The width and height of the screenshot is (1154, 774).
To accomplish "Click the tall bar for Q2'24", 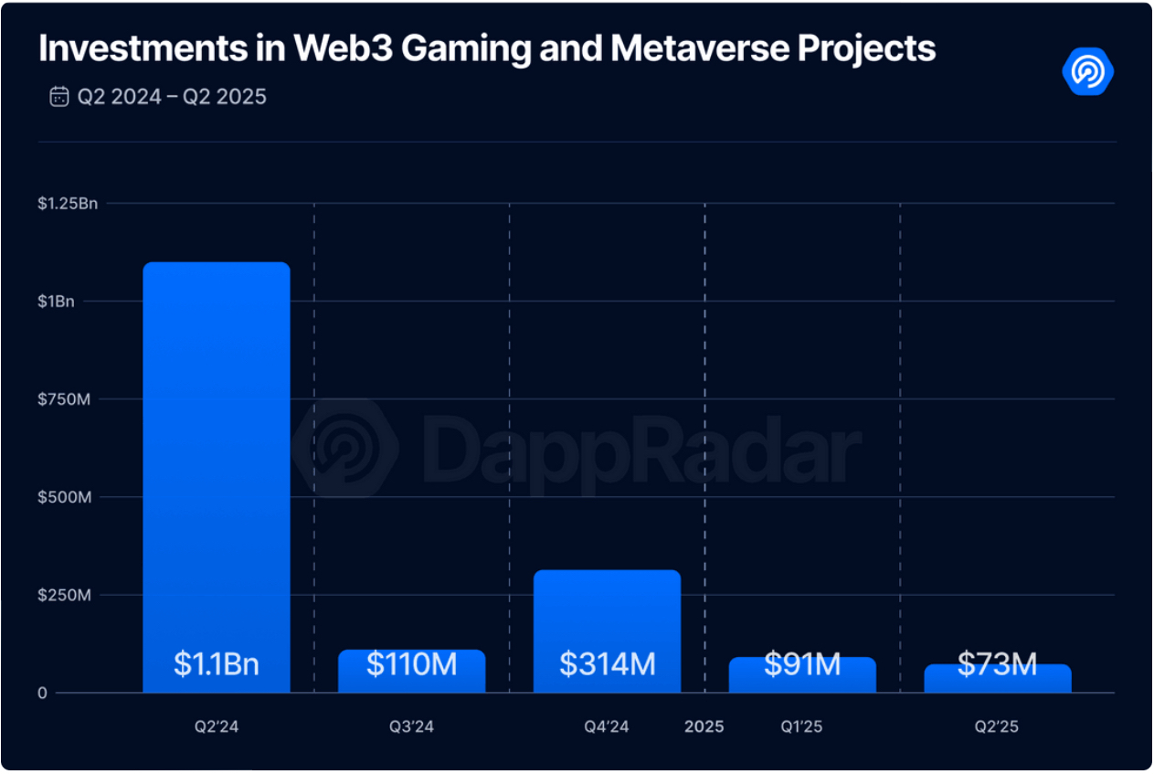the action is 217,477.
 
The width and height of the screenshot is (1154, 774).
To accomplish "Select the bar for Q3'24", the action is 412,671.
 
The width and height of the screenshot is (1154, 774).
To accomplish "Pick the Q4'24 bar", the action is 607,631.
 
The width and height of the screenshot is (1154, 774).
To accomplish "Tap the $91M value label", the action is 802,663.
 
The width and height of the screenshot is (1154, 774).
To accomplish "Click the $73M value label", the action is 998,663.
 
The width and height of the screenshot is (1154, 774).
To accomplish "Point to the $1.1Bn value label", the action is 217,663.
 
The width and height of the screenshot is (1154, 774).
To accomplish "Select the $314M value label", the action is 608,663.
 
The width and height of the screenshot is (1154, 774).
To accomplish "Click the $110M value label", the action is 412,663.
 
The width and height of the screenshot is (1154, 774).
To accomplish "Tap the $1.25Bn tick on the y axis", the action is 68,204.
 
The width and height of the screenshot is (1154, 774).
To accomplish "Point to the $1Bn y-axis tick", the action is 56,302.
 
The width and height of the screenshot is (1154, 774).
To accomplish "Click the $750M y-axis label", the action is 64,399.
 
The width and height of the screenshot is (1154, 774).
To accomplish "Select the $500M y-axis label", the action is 64,497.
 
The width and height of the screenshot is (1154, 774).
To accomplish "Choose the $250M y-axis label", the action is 64,595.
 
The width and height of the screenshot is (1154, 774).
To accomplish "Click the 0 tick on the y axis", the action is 42,693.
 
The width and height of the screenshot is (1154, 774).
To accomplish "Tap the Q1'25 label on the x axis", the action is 801,726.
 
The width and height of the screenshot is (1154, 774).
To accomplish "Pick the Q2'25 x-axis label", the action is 997,726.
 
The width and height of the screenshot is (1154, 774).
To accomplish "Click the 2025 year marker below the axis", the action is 704,726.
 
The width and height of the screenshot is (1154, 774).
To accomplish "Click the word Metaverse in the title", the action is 700,48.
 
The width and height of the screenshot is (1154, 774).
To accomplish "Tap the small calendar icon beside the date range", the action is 59,96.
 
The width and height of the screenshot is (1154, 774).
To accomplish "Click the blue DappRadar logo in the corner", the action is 1088,71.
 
